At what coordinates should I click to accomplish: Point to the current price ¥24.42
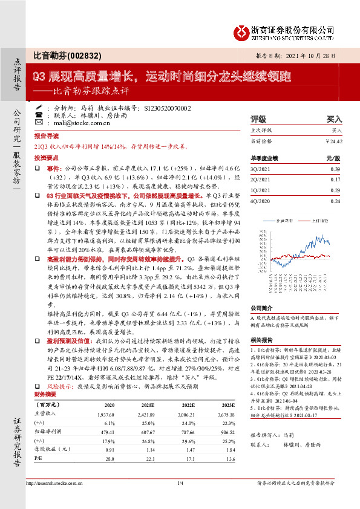click(334, 141)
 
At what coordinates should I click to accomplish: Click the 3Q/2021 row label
click(261, 170)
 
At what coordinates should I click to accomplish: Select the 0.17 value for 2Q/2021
click(335, 180)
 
